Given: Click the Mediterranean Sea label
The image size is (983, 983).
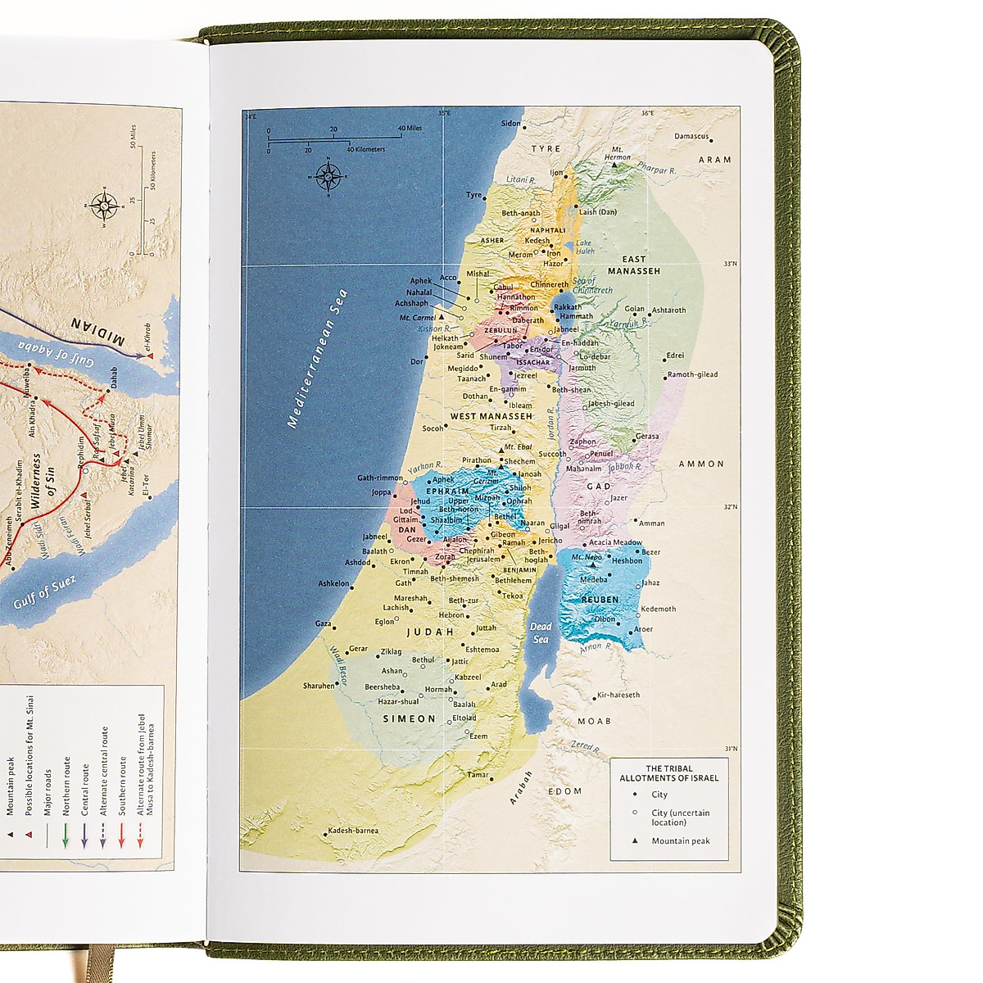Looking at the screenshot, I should (318, 358).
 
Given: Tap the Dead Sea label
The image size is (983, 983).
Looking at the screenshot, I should (541, 632).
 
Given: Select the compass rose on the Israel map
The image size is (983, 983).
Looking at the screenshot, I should (328, 175).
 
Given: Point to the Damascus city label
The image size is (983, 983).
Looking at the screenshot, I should (691, 137).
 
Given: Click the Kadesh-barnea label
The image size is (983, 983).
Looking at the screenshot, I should (353, 831).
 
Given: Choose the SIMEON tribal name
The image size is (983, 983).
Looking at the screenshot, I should (410, 718).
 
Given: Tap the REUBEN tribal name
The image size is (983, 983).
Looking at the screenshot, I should (600, 600).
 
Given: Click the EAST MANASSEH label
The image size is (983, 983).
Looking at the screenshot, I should (634, 265).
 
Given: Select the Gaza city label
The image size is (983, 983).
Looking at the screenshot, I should (323, 623).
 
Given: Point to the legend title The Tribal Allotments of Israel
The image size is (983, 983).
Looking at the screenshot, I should (669, 773).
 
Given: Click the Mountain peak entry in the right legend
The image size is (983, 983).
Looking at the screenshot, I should (680, 841).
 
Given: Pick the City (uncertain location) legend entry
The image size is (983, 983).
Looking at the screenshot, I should (680, 818).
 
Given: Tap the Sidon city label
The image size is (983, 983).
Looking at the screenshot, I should (510, 124).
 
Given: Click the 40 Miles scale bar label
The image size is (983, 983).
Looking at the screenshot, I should (410, 129).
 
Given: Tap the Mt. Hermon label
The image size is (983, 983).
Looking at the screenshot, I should (618, 153).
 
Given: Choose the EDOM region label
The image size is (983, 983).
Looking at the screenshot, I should (564, 791).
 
